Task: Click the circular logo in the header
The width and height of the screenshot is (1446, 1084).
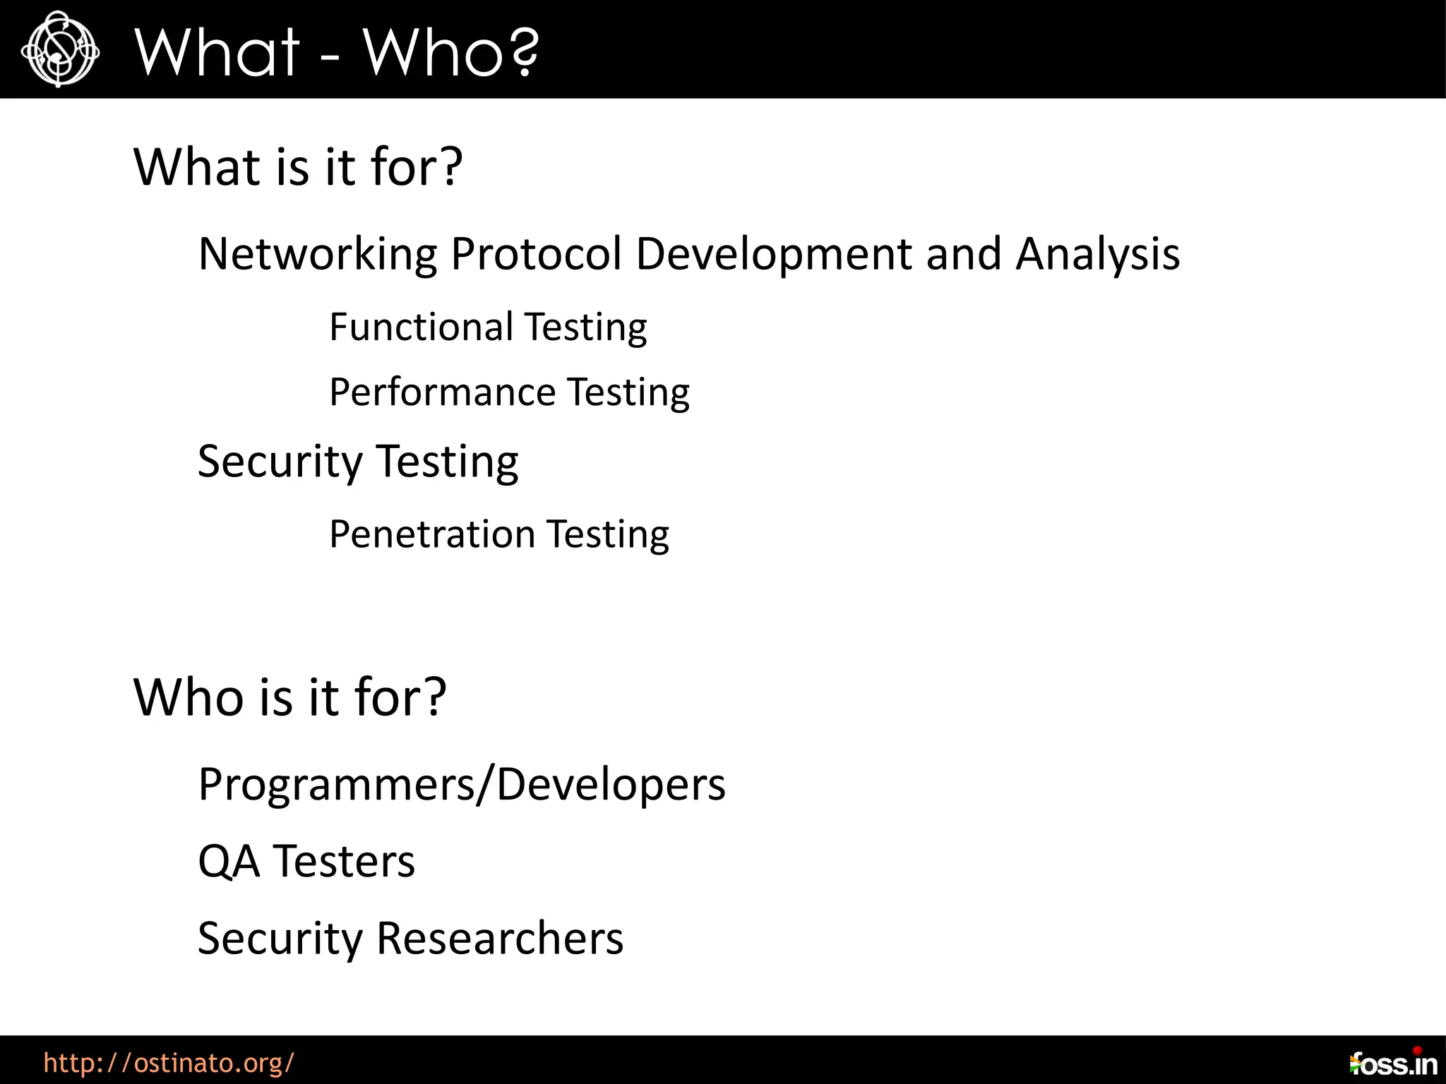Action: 59,49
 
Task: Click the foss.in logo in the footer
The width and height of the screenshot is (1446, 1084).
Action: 1392,1063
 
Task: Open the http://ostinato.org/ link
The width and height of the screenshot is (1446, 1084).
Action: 168,1062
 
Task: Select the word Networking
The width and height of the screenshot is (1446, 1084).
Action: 317,254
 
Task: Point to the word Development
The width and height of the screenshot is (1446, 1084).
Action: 773,254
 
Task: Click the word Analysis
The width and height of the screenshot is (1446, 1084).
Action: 1097,254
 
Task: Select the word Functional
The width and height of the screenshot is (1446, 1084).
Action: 421,327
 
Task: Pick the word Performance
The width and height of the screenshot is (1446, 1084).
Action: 442,392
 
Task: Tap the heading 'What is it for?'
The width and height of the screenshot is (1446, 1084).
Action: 297,167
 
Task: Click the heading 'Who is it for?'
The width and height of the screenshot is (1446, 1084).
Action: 289,697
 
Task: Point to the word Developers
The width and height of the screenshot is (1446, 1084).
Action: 611,785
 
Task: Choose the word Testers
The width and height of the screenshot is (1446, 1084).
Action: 344,862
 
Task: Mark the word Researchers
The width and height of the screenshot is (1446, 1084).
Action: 500,939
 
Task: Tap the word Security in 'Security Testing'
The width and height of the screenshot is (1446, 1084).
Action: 280,462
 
